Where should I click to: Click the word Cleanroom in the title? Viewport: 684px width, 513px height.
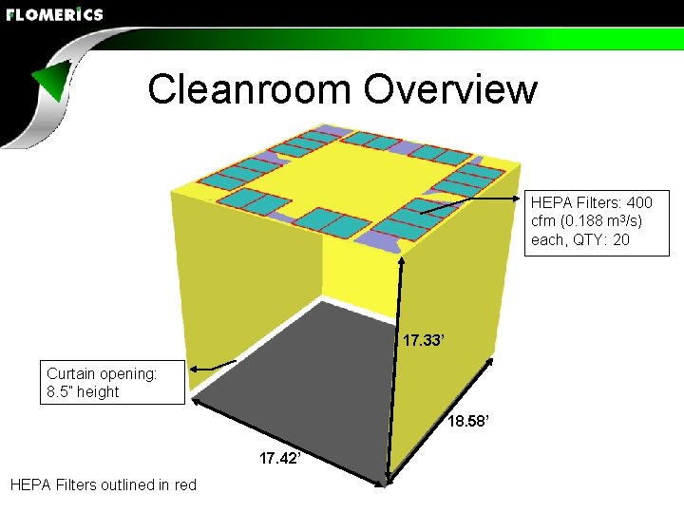249,89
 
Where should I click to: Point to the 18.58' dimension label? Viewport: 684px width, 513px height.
469,421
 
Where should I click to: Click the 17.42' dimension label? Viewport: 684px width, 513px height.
281,459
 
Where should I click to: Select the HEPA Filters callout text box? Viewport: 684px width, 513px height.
591,221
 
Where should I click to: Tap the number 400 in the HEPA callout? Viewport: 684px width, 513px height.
638,202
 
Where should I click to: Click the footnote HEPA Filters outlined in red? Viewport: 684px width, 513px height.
103,485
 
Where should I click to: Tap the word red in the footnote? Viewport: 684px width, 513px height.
184,485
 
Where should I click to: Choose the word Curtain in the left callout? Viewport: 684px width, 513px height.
70,373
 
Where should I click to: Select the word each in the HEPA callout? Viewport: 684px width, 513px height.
547,239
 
